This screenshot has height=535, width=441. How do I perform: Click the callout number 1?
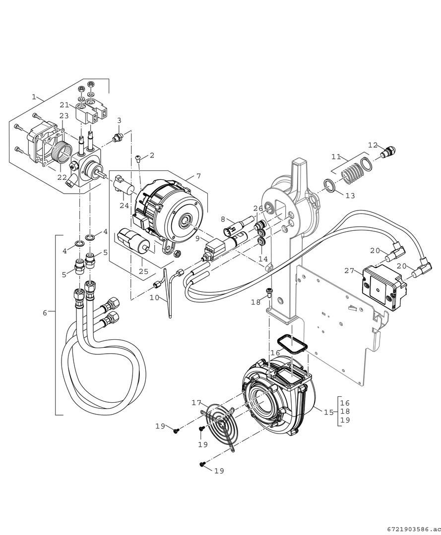click(34, 97)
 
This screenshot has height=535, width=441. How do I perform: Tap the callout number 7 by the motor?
click(198, 175)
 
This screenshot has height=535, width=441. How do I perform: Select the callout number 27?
click(349, 270)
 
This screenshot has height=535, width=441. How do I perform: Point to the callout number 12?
click(373, 145)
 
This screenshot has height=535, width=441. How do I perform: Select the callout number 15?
click(328, 412)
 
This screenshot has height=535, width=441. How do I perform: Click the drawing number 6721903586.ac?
click(412, 528)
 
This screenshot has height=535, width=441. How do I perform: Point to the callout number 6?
click(45, 313)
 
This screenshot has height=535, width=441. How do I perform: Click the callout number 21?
click(64, 105)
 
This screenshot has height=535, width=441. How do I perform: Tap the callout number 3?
click(119, 120)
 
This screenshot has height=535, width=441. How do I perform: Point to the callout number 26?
click(258, 208)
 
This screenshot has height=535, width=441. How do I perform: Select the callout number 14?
click(263, 259)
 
